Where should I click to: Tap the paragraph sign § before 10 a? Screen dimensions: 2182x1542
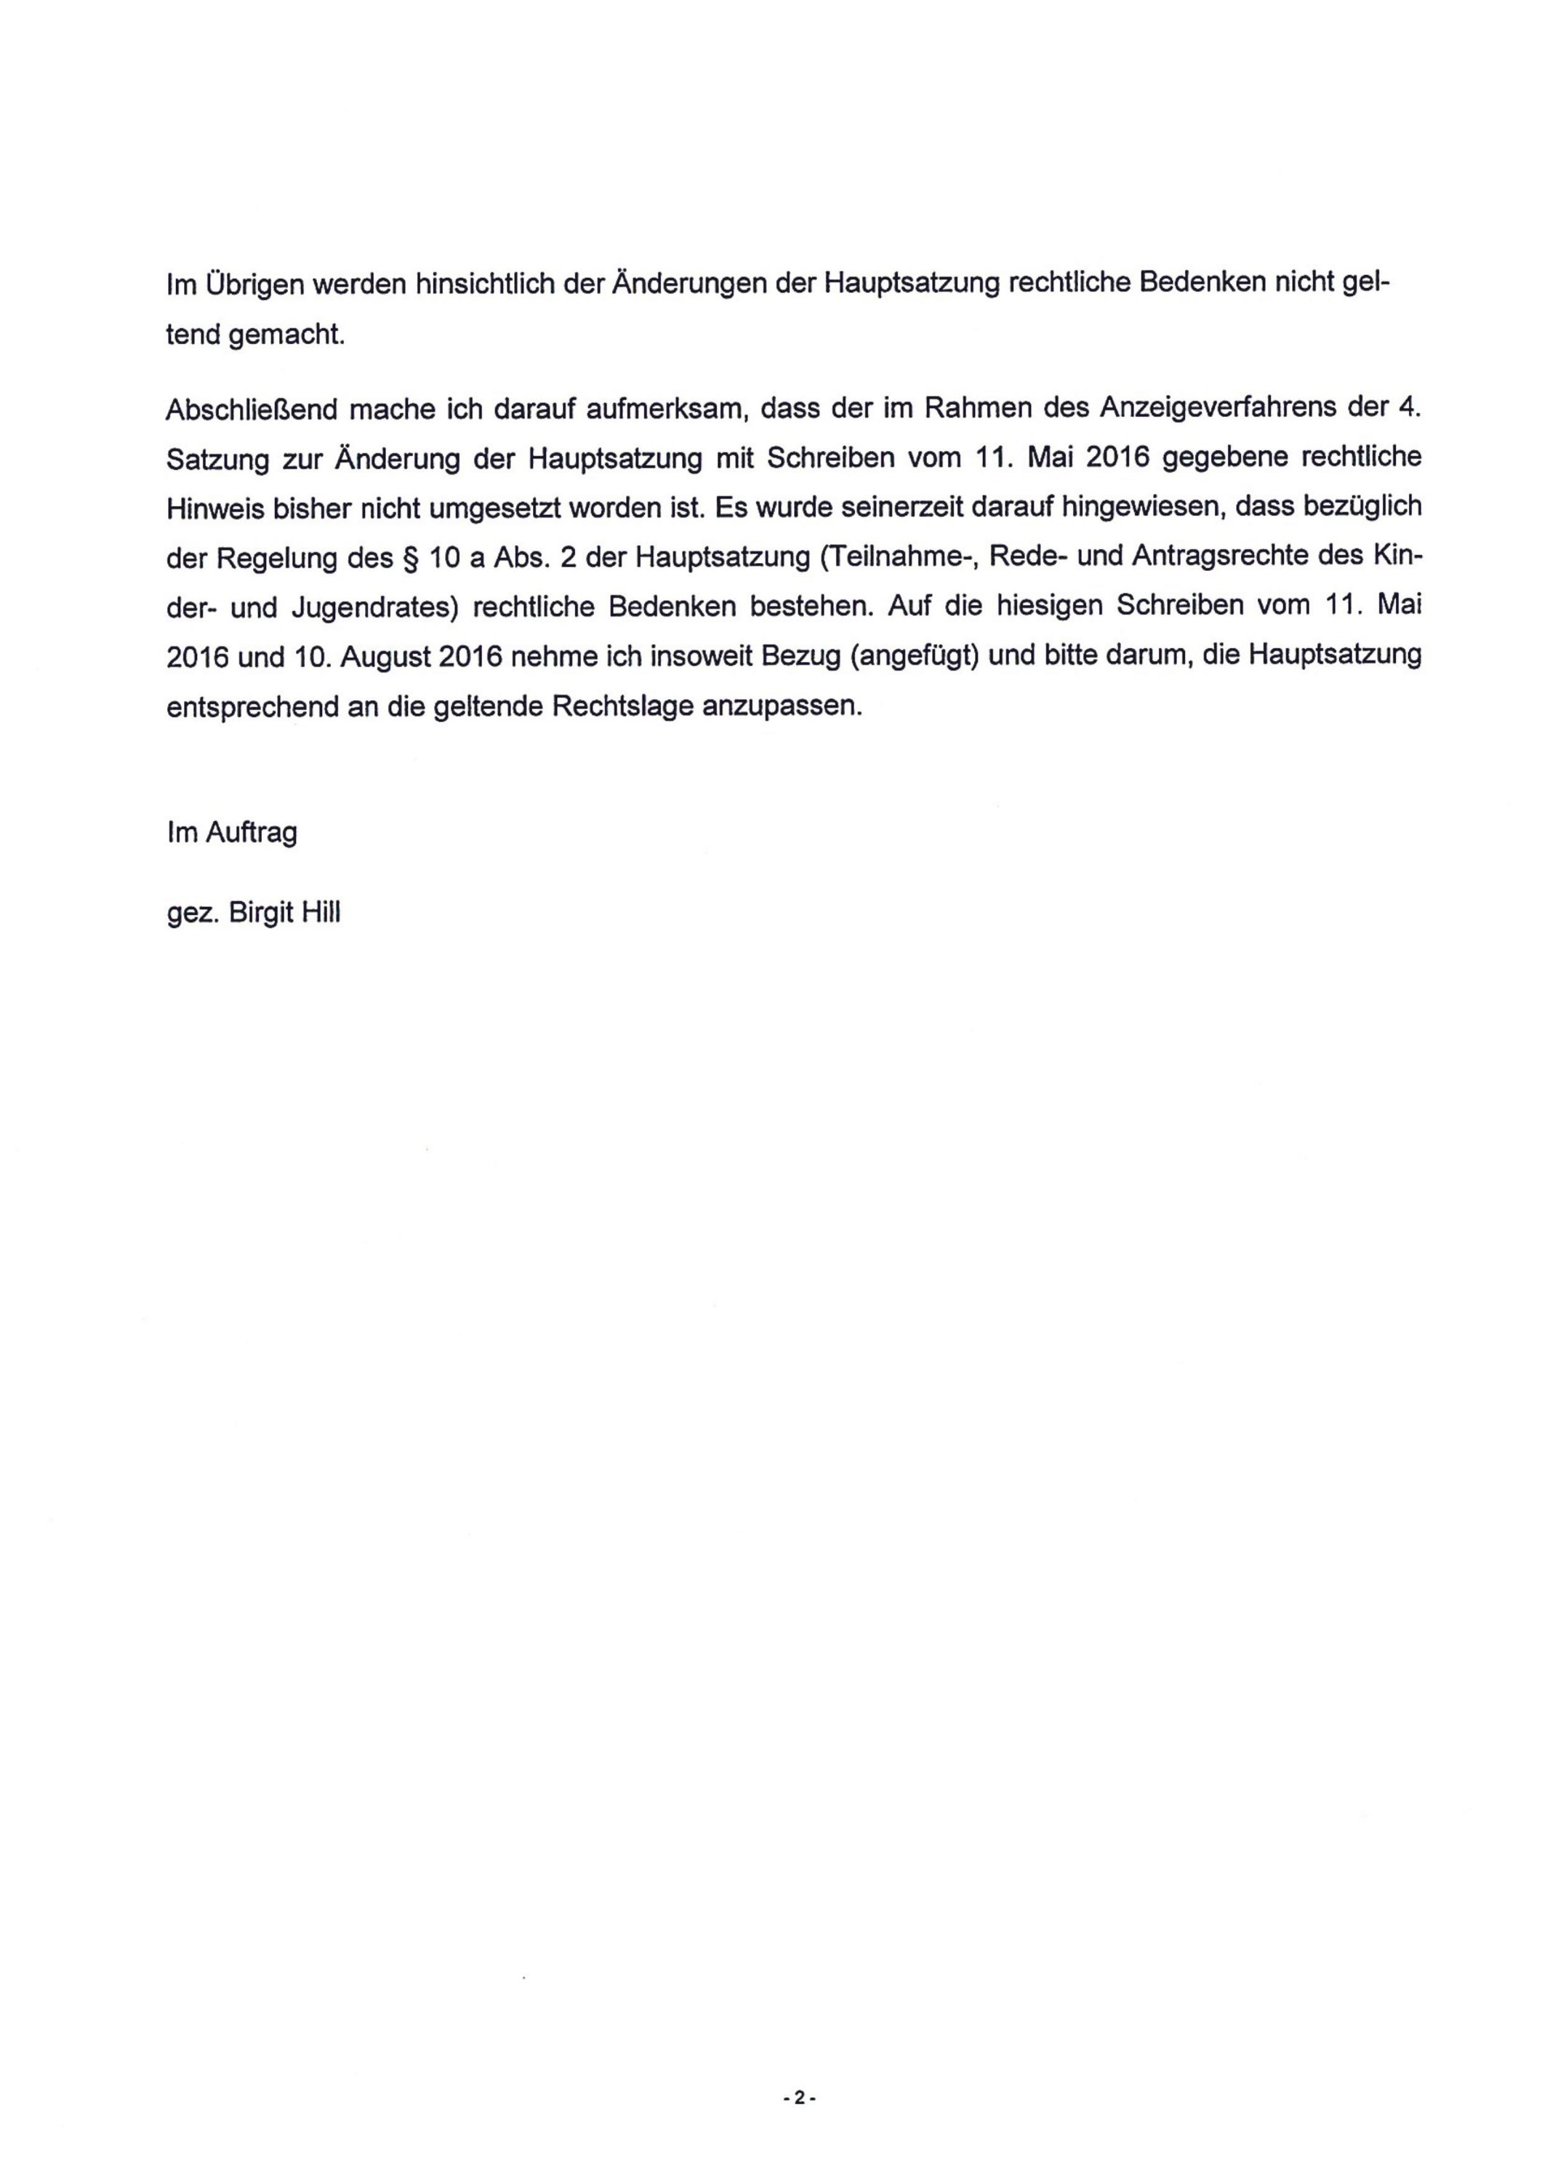click(x=409, y=558)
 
